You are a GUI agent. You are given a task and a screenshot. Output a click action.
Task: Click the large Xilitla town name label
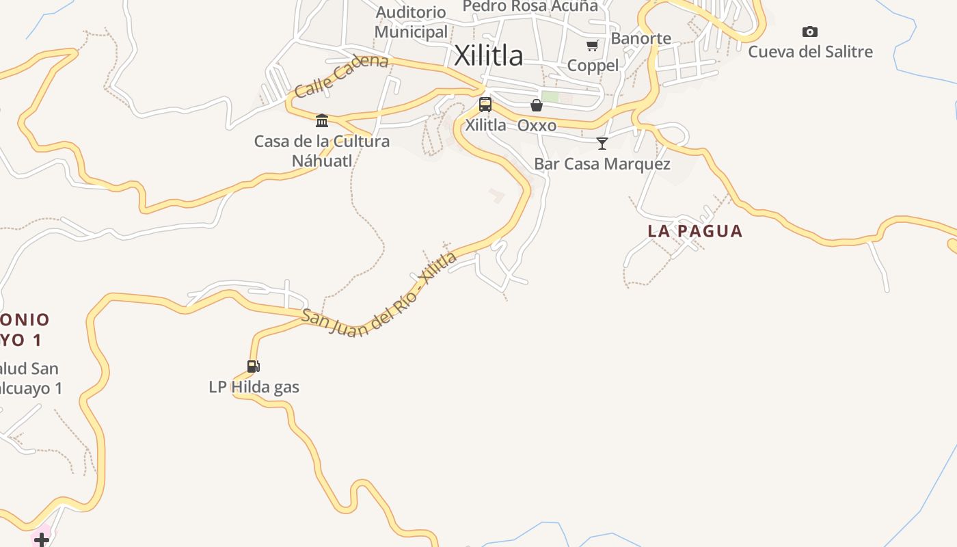(x=489, y=55)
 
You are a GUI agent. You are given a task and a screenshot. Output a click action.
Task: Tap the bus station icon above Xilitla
(x=485, y=105)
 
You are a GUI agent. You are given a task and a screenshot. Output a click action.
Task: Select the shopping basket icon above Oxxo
(x=537, y=105)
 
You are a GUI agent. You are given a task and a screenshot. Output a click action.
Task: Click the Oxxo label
(x=537, y=126)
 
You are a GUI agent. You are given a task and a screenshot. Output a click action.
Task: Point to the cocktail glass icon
(x=602, y=143)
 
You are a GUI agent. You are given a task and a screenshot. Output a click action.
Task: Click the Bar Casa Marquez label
(x=602, y=164)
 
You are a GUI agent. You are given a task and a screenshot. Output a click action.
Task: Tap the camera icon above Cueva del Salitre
(x=810, y=31)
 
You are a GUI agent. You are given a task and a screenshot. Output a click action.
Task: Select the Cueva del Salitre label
(x=810, y=52)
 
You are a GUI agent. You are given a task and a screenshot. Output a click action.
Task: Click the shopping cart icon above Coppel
(x=593, y=45)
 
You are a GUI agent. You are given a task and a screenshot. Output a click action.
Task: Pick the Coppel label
(x=593, y=66)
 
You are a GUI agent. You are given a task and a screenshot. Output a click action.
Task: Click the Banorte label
(x=641, y=38)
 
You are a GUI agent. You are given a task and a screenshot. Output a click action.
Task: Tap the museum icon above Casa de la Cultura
(x=322, y=121)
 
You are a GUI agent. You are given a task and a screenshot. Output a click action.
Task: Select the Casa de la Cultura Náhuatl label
(x=322, y=150)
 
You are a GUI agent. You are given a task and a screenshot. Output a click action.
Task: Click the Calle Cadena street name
(x=341, y=75)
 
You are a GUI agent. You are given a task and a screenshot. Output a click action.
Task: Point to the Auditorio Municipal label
(x=411, y=22)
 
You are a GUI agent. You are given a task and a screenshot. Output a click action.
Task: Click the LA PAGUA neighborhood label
(x=695, y=231)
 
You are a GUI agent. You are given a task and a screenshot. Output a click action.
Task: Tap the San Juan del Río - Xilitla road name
(x=379, y=295)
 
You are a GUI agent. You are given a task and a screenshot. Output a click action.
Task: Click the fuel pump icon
(x=254, y=366)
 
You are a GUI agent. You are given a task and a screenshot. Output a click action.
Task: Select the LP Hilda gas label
(x=254, y=387)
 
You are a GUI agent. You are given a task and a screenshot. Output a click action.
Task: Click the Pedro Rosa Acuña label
(x=530, y=7)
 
